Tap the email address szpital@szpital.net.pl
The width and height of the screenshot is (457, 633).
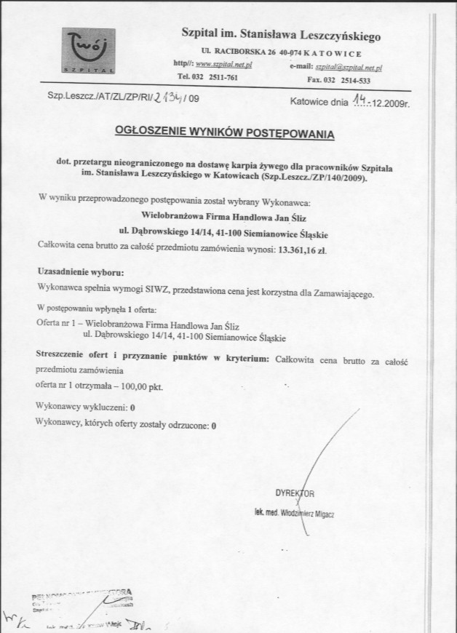coord(349,66)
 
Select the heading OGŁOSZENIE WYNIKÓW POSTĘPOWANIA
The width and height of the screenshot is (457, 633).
coord(224,133)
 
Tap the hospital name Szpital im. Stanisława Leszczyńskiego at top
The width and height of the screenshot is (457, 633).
coord(280,34)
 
